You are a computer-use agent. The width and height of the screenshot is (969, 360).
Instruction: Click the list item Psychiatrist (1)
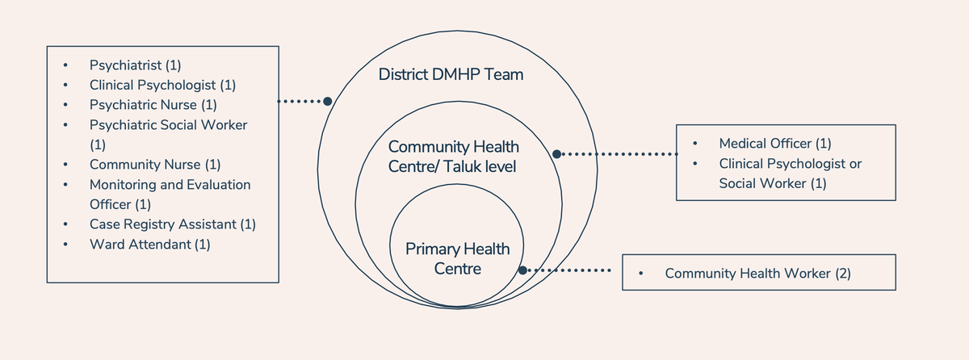pos(141,65)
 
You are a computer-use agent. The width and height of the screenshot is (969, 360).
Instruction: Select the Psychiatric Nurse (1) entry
pos(153,105)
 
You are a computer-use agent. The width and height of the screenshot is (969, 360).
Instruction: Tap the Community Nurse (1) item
pos(154,165)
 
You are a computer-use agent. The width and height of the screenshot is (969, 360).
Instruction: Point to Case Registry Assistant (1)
pos(172,224)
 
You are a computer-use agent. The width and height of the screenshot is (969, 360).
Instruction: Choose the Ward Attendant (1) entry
pos(149,244)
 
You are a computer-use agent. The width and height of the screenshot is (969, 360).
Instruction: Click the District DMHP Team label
pos(451,75)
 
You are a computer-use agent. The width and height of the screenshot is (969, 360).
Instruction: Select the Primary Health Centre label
pos(457,258)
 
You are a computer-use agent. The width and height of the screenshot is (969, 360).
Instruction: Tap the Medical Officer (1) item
pos(774,144)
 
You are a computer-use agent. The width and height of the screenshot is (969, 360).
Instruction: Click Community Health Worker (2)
pos(757,274)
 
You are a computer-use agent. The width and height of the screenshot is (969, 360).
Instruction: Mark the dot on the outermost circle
pos(327,102)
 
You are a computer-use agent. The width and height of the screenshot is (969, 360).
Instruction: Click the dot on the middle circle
pos(556,153)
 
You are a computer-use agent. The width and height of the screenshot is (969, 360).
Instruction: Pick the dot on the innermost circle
pos(522,271)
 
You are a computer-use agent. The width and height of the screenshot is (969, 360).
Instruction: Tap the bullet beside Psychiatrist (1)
pos(65,65)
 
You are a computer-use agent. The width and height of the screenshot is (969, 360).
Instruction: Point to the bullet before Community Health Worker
pos(640,274)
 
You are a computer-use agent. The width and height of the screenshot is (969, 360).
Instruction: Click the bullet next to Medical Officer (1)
pos(695,144)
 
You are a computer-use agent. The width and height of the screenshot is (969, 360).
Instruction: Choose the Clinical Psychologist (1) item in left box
pos(162,85)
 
